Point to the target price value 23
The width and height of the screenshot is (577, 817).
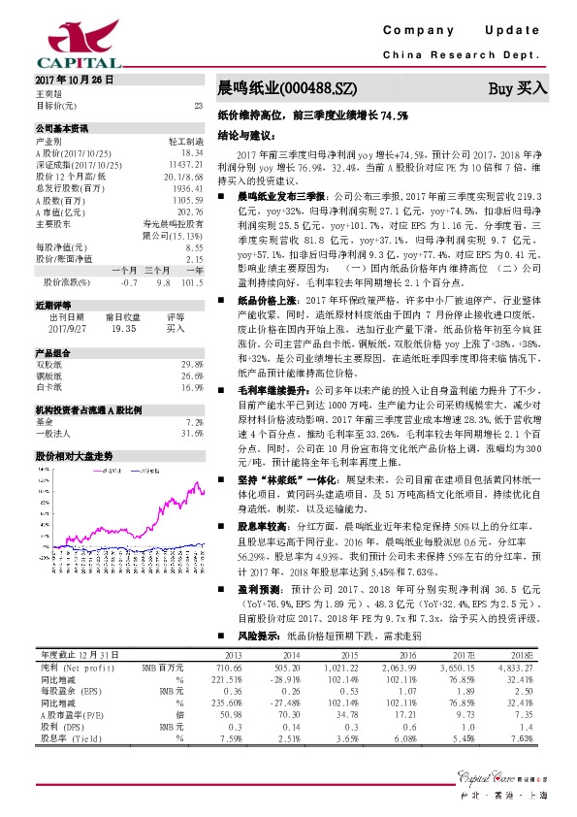pyautogui.click(x=198, y=104)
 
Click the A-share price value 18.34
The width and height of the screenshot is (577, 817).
pyautogui.click(x=192, y=153)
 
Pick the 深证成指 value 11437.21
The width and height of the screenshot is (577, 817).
pyautogui.click(x=184, y=165)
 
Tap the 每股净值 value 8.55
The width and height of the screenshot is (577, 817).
pyautogui.click(x=193, y=248)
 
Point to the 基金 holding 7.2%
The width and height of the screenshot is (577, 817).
pyautogui.click(x=194, y=423)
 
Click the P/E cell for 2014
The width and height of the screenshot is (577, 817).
pyautogui.click(x=283, y=713)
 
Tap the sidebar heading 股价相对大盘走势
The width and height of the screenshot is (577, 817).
pyautogui.click(x=75, y=455)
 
